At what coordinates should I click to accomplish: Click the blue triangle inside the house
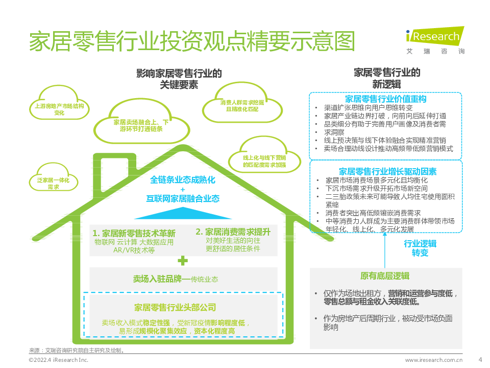click(x=183, y=213)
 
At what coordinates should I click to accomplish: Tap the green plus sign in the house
click(x=183, y=261)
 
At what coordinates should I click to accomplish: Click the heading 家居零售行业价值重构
click(x=386, y=99)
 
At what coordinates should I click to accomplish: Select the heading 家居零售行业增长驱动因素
click(x=388, y=172)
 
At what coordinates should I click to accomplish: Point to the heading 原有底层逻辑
click(x=385, y=276)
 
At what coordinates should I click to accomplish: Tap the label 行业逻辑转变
click(x=420, y=248)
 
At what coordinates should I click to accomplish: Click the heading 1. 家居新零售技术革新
click(x=134, y=233)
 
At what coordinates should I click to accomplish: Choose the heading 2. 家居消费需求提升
click(x=233, y=232)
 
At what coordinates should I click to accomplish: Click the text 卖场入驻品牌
click(x=157, y=279)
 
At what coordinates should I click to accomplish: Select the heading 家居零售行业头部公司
click(x=175, y=308)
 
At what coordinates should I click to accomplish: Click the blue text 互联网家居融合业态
click(x=183, y=199)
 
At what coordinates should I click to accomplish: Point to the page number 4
click(x=480, y=359)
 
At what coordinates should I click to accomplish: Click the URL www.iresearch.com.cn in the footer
click(x=434, y=360)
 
